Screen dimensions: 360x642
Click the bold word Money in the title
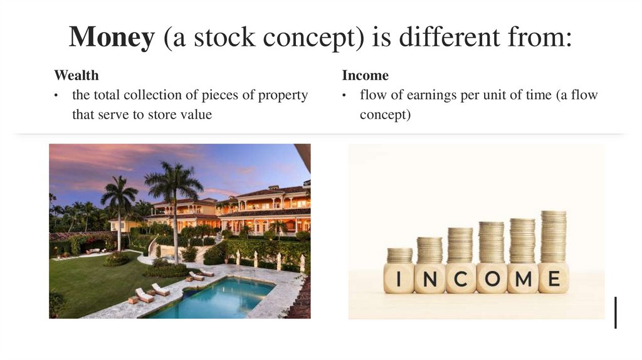click(x=112, y=38)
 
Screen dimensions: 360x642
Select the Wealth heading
click(x=76, y=76)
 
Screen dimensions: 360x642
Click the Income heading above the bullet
click(x=365, y=76)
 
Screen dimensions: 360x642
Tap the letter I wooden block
click(x=399, y=278)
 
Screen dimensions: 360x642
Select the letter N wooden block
click(x=429, y=278)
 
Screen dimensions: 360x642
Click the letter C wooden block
click(x=460, y=278)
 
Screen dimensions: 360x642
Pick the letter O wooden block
click(x=492, y=278)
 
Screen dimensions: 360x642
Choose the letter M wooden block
click(x=522, y=278)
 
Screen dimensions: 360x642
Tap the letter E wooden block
click(x=553, y=278)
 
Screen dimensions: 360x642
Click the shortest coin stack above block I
click(x=399, y=255)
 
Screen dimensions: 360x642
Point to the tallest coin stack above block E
click(x=554, y=236)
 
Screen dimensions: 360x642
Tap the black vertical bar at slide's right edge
click(x=616, y=312)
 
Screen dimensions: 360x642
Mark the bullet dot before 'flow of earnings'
click(x=345, y=96)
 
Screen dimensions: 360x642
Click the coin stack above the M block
click(x=522, y=241)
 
